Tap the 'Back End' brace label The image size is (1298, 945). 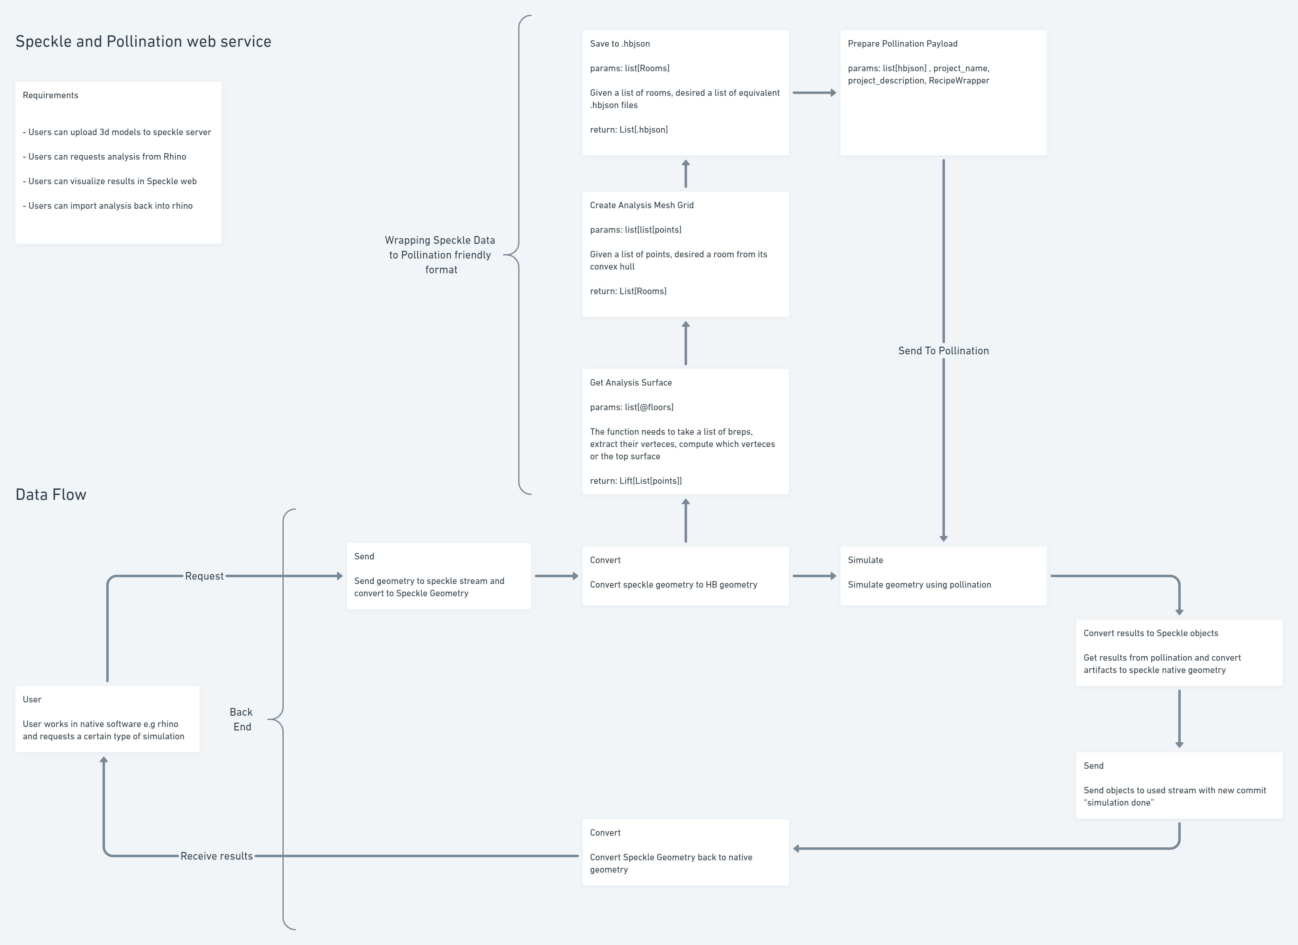(241, 719)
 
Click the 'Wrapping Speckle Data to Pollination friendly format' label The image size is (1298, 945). (440, 255)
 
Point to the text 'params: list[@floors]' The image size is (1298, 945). (631, 407)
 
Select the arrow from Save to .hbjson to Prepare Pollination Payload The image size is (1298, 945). (814, 93)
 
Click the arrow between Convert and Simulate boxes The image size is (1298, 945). (814, 576)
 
